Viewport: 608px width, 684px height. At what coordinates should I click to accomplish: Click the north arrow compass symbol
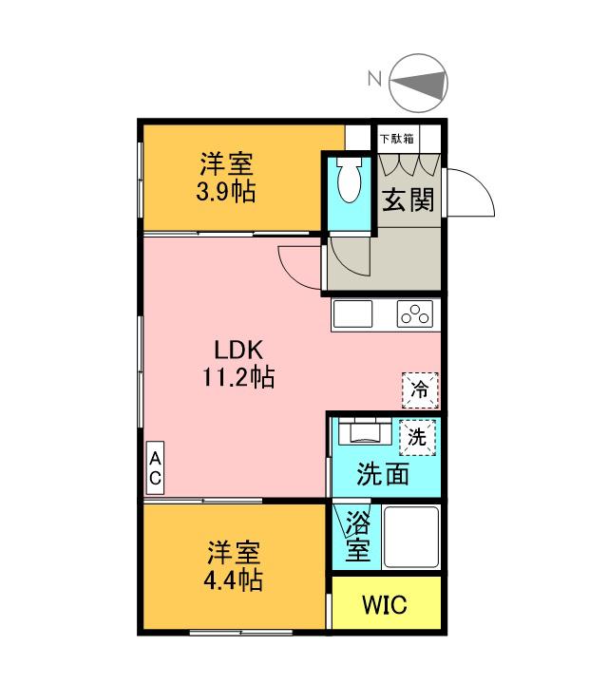[418, 84]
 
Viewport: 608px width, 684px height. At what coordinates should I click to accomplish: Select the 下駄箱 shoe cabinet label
[396, 139]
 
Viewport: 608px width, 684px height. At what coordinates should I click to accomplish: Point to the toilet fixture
[348, 179]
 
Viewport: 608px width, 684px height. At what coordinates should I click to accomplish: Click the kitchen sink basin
[352, 315]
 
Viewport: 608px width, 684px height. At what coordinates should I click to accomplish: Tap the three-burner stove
[415, 314]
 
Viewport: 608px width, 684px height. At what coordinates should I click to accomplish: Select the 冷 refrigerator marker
[420, 388]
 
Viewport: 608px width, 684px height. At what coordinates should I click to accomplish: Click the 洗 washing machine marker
[417, 437]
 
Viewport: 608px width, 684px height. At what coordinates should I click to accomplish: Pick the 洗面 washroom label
[383, 474]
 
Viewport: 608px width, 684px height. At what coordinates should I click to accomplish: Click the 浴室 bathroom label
[357, 537]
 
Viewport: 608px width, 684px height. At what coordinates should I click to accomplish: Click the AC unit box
[154, 468]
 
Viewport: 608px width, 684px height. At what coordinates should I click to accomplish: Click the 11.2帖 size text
[237, 378]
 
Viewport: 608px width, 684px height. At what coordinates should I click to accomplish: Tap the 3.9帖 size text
[226, 192]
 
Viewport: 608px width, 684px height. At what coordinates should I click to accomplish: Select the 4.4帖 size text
[234, 579]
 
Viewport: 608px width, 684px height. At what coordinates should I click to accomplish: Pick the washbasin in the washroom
[365, 433]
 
